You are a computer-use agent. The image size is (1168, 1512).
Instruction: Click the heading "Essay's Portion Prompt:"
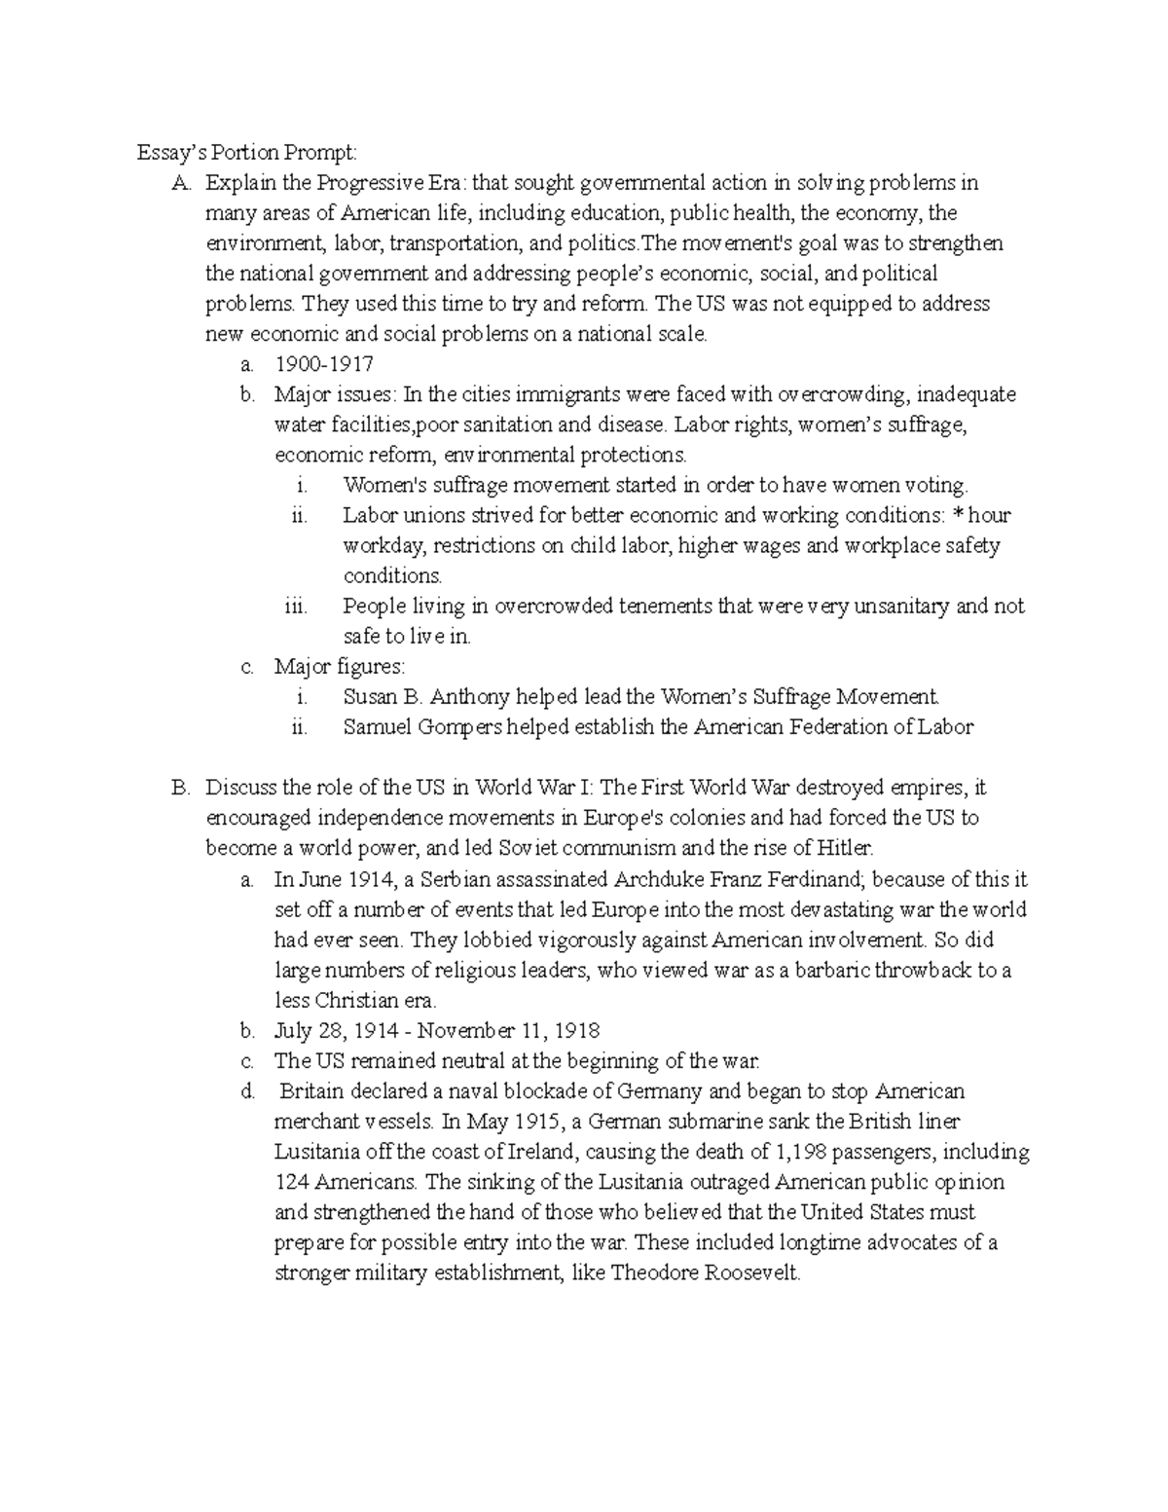[x=247, y=152]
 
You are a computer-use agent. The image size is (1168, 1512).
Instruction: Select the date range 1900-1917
[x=324, y=364]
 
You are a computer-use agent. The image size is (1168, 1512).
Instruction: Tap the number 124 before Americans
[x=291, y=1182]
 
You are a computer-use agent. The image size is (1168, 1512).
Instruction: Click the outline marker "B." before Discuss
[x=180, y=788]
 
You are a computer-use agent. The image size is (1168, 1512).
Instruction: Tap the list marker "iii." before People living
[x=296, y=607]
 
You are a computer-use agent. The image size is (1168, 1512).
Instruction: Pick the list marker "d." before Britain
[x=246, y=1091]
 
